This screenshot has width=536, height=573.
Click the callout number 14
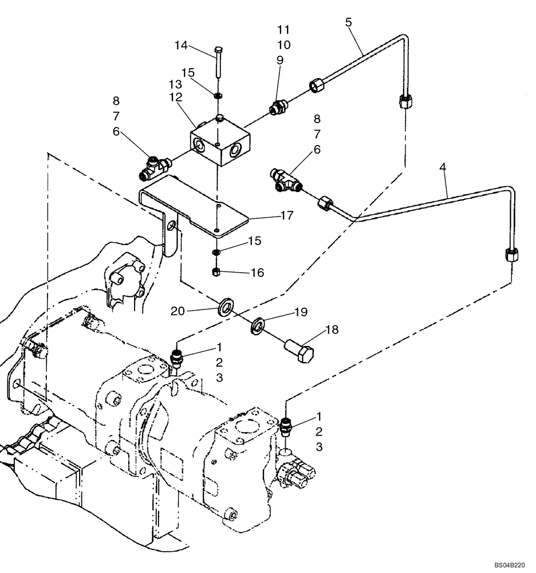[x=181, y=45]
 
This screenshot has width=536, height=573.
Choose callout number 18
[x=332, y=329]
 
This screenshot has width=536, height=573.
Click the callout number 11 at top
[x=283, y=29]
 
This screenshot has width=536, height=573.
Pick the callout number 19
[x=301, y=312]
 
